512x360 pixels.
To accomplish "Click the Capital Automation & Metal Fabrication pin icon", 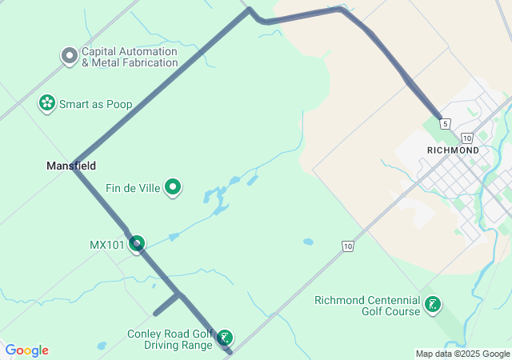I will [x=70, y=56].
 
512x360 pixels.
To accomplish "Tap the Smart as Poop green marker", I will [x=47, y=103].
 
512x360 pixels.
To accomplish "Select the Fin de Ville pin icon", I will [x=173, y=188].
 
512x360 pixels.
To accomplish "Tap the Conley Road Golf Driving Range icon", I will [x=226, y=338].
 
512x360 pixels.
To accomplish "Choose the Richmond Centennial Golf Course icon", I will [x=433, y=305].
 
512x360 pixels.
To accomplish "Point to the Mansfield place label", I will [x=71, y=166].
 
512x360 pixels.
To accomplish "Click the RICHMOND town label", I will [x=453, y=150].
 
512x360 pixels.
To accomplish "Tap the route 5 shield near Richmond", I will [x=445, y=124].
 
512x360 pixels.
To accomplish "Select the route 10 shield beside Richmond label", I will [x=467, y=138].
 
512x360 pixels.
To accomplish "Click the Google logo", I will [x=27, y=350].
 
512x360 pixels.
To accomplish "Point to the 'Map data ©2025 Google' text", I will [x=462, y=354].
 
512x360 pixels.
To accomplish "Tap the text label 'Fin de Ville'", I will [x=134, y=189].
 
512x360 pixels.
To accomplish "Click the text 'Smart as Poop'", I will [x=95, y=104].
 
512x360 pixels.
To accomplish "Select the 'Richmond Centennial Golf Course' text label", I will [x=367, y=306].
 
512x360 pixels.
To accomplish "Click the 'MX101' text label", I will [x=107, y=244].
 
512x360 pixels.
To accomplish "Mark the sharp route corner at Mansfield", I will [x=74, y=164].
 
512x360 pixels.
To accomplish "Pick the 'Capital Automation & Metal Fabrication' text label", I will [x=130, y=57].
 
